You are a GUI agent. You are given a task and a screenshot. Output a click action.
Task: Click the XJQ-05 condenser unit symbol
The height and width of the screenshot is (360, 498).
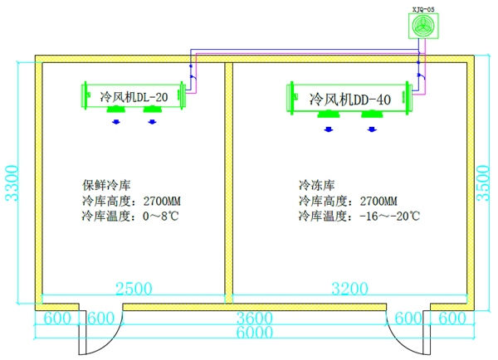[x=422, y=27]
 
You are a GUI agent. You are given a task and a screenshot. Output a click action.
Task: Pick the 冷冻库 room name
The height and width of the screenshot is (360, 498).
[x=315, y=185]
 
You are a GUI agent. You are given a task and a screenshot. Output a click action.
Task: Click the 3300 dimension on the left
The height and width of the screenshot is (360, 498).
[x=11, y=184]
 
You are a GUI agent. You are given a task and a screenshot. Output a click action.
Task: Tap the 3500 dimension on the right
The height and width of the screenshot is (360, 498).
[x=487, y=184]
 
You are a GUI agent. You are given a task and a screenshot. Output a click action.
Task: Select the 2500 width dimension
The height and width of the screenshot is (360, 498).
[x=134, y=289]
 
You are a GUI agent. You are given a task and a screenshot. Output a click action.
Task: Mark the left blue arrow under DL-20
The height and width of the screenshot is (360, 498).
[x=116, y=121]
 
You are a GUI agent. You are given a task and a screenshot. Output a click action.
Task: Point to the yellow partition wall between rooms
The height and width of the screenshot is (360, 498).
[x=228, y=182]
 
